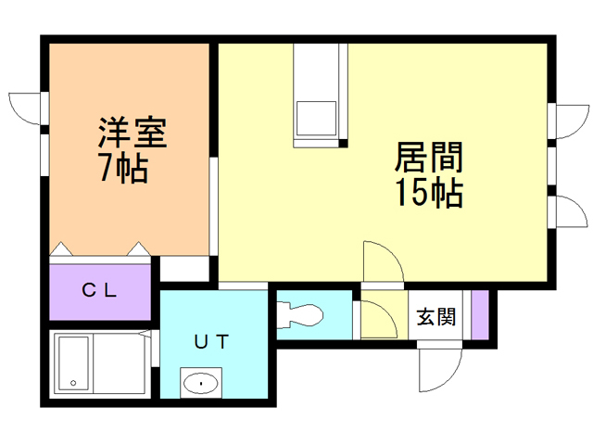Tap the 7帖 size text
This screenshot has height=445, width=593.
[x=122, y=170]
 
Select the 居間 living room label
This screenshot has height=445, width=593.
[x=430, y=159]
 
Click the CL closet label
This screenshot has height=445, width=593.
[x=99, y=289]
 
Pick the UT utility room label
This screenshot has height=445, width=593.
[x=211, y=341]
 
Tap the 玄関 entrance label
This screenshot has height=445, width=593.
[x=435, y=316]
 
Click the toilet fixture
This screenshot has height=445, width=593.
[x=298, y=313]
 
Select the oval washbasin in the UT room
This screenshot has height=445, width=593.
[x=199, y=382]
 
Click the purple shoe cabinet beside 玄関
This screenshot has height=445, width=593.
[x=479, y=315]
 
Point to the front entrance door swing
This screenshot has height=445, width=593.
[x=437, y=371]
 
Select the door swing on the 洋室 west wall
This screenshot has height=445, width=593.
[x=26, y=108]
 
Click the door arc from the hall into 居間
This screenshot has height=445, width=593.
[x=382, y=263]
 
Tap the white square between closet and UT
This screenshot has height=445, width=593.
[x=184, y=269]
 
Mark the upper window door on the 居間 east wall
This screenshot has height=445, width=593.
[x=569, y=121]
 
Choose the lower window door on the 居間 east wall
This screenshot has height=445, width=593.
[x=569, y=210]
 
